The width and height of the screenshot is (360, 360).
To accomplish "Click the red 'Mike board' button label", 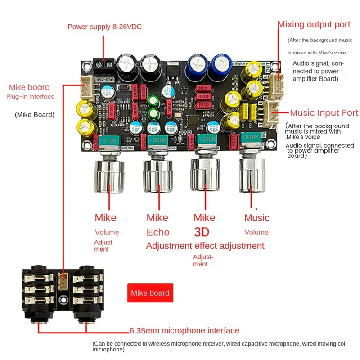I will pyautogui.click(x=150, y=293).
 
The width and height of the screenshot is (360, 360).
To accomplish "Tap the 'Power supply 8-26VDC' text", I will pyautogui.click(x=104, y=27).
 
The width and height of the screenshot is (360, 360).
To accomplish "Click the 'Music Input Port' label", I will pyautogui.click(x=324, y=113).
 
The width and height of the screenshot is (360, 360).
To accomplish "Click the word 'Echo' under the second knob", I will pyautogui.click(x=158, y=232).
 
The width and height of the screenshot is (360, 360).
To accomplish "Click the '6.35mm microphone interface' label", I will pyautogui.click(x=184, y=331).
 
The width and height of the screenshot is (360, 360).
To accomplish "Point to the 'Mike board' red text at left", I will pyautogui.click(x=29, y=87).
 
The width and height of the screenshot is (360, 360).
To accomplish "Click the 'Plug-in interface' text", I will pyautogui.click(x=31, y=97).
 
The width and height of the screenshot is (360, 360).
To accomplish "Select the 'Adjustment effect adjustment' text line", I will pyautogui.click(x=205, y=246).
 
